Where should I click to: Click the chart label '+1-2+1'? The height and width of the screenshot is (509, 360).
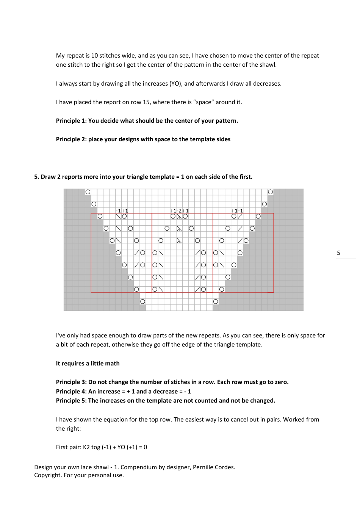pyautogui.click(x=179, y=211)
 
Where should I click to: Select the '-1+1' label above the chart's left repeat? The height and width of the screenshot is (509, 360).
pyautogui.click(x=122, y=211)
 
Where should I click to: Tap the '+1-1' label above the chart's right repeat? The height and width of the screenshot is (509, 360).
pyautogui.click(x=237, y=211)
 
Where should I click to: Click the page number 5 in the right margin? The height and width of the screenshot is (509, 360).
pyautogui.click(x=338, y=253)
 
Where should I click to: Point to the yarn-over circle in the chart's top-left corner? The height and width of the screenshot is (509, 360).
pyautogui.click(x=88, y=192)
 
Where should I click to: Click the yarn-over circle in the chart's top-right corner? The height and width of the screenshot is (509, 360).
pyautogui.click(x=270, y=192)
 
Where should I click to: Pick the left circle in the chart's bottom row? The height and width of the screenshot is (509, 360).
pyautogui.click(x=142, y=301)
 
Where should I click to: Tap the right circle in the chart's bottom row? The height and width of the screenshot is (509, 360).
pyautogui.click(x=216, y=301)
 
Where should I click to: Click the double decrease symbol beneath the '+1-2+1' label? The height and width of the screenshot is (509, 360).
pyautogui.click(x=179, y=217)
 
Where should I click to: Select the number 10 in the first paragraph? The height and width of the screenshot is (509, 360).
pyautogui.click(x=94, y=56)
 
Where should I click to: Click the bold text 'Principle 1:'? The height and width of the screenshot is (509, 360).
pyautogui.click(x=71, y=121)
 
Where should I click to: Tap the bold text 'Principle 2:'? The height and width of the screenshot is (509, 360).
pyautogui.click(x=71, y=139)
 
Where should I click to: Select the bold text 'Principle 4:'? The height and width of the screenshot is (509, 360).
pyautogui.click(x=71, y=392)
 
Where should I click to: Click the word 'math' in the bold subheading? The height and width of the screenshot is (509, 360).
pyautogui.click(x=112, y=364)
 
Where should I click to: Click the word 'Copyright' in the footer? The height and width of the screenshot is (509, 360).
pyautogui.click(x=47, y=475)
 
